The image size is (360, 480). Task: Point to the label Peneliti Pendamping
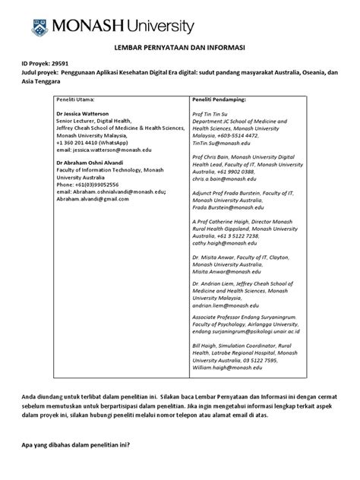click(x=219, y=99)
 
